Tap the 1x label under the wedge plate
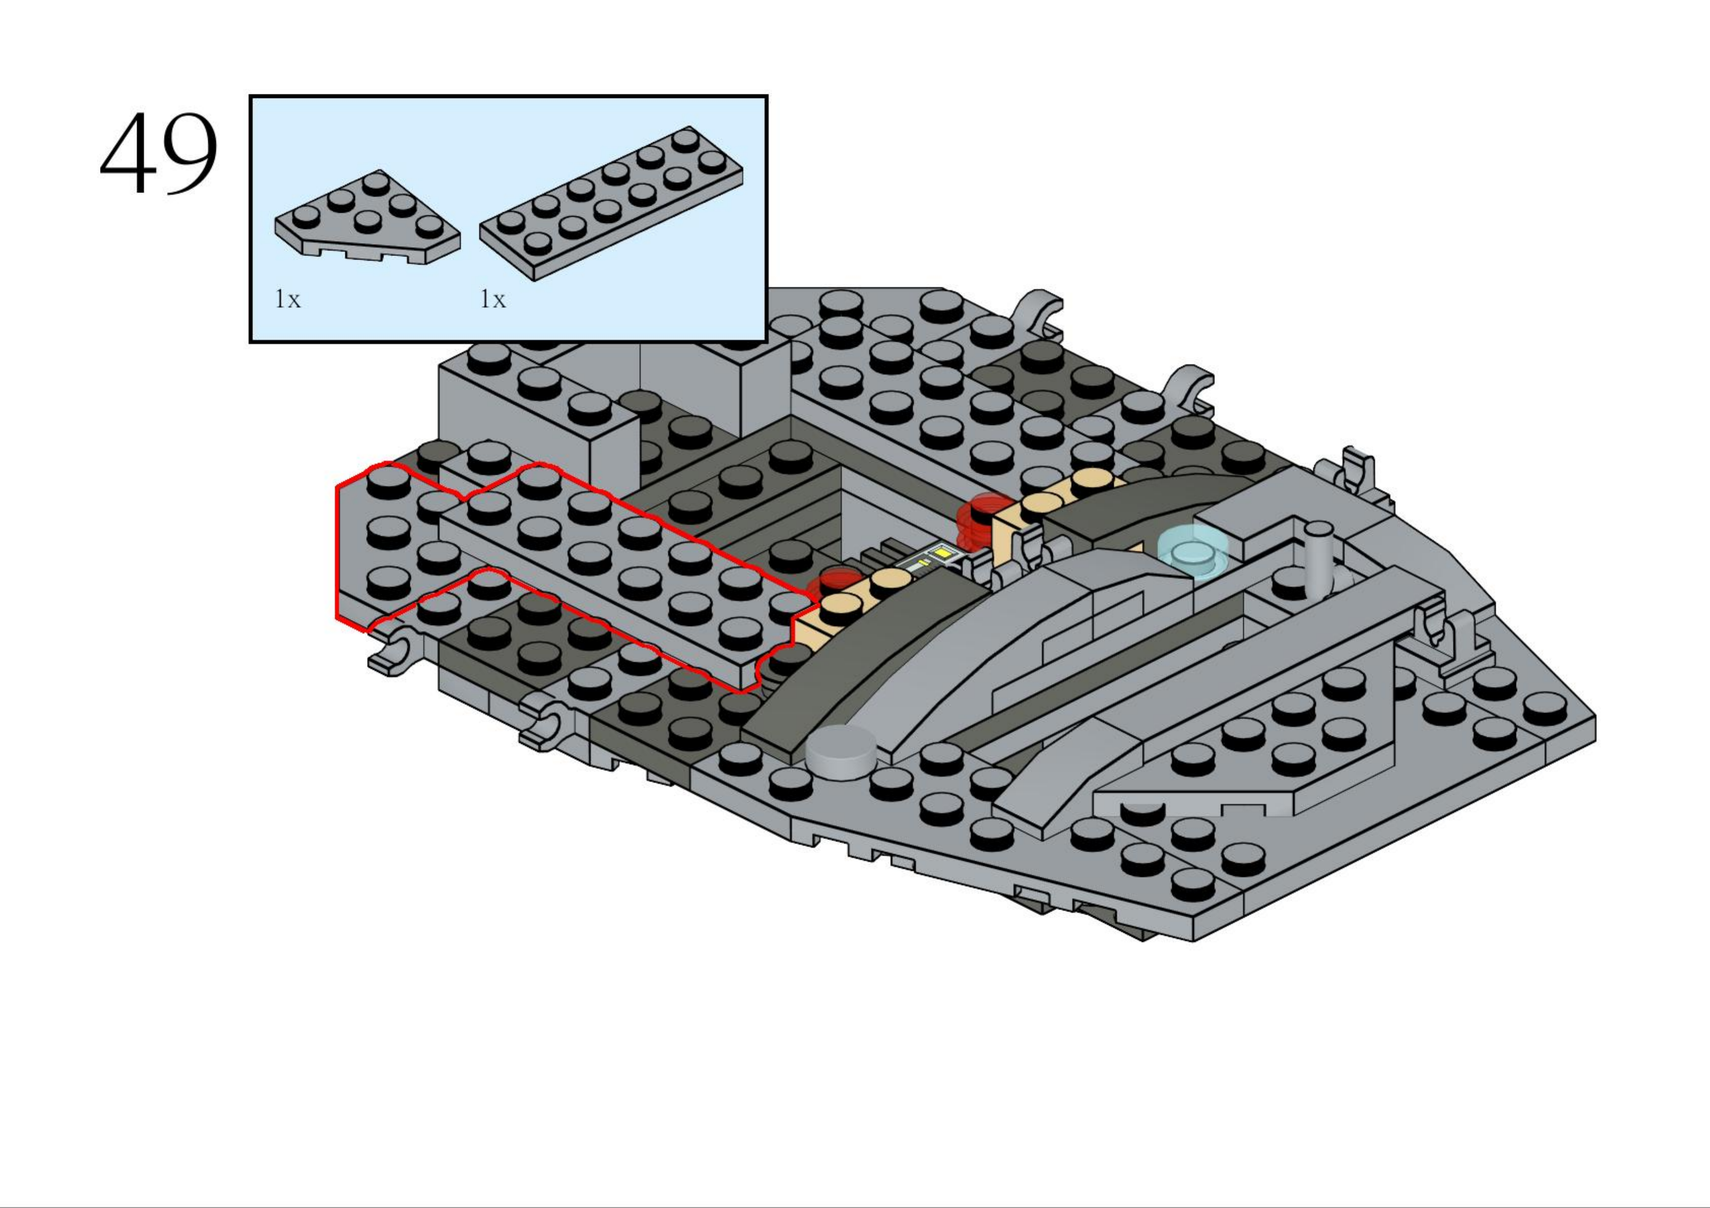click(287, 299)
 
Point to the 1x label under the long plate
click(492, 299)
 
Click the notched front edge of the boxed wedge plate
click(365, 252)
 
